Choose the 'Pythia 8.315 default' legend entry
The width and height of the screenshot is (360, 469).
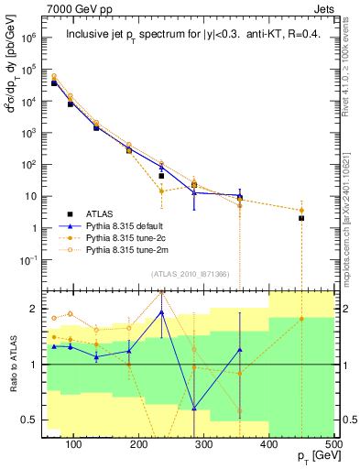click(132, 224)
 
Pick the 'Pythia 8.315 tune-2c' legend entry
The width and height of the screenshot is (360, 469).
click(132, 236)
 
